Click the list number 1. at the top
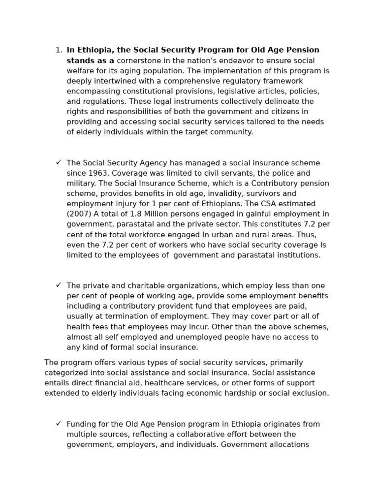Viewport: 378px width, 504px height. [x=59, y=50]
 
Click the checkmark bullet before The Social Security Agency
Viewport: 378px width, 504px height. [x=59, y=162]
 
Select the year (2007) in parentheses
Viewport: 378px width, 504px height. [x=79, y=214]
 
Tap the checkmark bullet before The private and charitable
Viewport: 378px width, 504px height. [x=59, y=285]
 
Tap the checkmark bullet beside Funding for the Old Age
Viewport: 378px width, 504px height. [x=59, y=424]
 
